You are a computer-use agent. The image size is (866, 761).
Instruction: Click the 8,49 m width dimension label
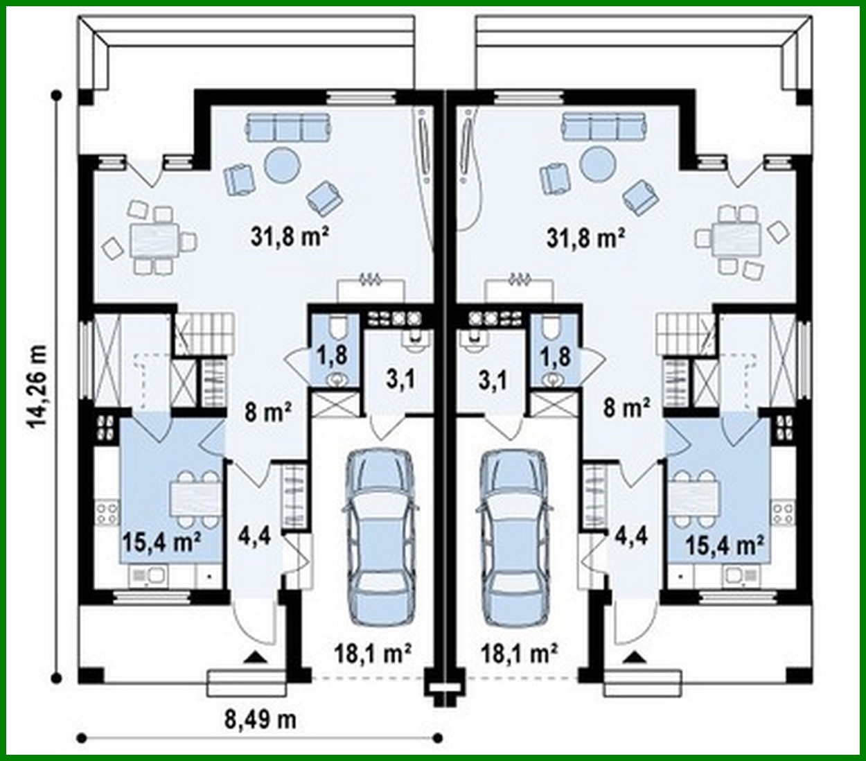260,719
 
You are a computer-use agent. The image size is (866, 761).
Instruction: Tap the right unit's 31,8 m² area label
586,238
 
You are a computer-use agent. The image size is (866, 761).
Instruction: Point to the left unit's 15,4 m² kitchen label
161,541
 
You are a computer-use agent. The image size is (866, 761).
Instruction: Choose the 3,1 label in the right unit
493,379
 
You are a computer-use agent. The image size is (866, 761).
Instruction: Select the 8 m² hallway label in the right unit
626,408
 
